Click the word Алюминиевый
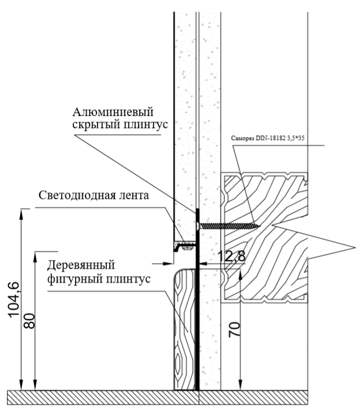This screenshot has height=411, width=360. click(x=113, y=112)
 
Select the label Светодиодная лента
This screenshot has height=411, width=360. click(x=93, y=195)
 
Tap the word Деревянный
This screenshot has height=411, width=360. click(x=81, y=265)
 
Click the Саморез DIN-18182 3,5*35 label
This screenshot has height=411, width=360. click(x=268, y=138)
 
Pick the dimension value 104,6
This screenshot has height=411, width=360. click(x=14, y=300)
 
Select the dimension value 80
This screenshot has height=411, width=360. click(x=29, y=321)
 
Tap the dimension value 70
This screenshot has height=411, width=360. click(x=235, y=330)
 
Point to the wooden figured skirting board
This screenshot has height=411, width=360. click(x=184, y=330)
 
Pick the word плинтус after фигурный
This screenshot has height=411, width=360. click(x=128, y=278)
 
